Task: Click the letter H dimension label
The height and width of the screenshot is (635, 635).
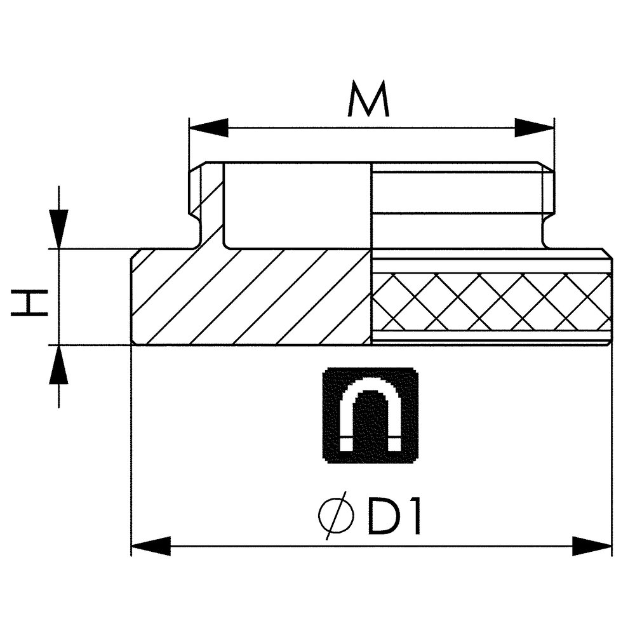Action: (x=29, y=302)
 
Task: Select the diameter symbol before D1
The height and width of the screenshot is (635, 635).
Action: (x=336, y=515)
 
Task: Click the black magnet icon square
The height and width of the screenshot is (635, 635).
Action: (x=370, y=415)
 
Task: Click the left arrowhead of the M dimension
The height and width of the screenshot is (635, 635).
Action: (x=209, y=128)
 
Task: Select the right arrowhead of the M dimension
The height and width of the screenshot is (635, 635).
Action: (x=534, y=128)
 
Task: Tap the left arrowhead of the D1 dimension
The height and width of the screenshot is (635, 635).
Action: (x=151, y=546)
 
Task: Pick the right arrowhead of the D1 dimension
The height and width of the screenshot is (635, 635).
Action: (x=592, y=546)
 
